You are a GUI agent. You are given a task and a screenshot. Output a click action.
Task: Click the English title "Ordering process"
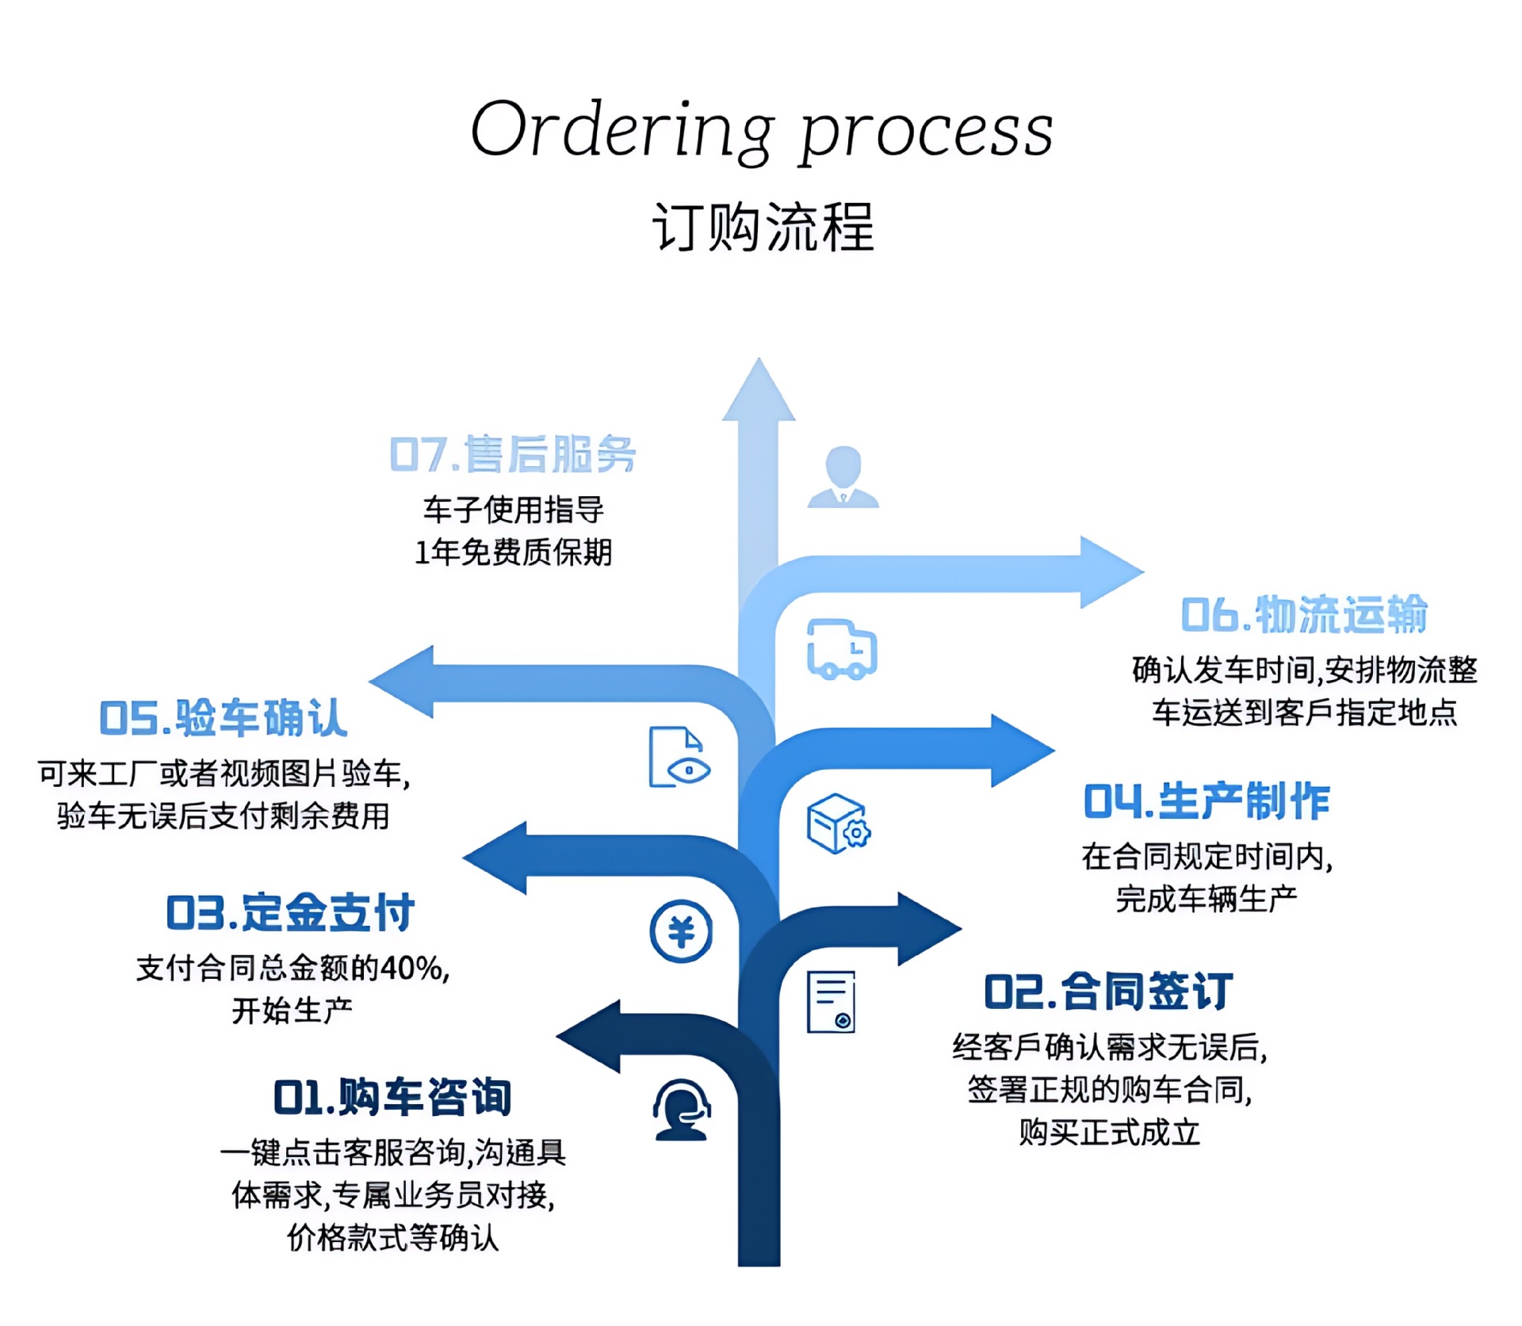(762, 130)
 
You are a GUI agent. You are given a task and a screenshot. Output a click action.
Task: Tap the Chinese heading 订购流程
(763, 227)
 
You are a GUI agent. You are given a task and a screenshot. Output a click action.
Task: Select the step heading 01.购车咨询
(392, 1097)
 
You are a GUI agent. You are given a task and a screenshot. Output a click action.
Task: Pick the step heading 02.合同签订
(1108, 992)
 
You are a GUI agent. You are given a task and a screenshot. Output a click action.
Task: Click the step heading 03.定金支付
(290, 912)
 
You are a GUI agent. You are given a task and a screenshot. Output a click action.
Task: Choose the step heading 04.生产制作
(1207, 801)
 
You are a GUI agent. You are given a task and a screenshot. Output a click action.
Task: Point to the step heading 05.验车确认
(224, 718)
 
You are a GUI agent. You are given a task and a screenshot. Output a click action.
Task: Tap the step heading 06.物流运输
(1304, 614)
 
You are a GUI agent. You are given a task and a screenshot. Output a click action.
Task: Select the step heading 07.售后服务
(513, 454)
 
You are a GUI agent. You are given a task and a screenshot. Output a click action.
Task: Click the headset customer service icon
(682, 1110)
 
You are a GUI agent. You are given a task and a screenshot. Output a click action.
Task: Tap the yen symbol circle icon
(681, 931)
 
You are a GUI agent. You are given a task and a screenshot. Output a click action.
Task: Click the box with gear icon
(839, 824)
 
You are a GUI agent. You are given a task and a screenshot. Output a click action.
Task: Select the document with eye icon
(679, 757)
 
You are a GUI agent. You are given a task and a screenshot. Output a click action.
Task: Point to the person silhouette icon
(843, 476)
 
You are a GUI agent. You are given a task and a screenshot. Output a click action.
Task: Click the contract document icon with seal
(832, 1002)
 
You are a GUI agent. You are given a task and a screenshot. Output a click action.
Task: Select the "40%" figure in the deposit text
(411, 968)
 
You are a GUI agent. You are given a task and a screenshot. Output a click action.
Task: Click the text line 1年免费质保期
(514, 552)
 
